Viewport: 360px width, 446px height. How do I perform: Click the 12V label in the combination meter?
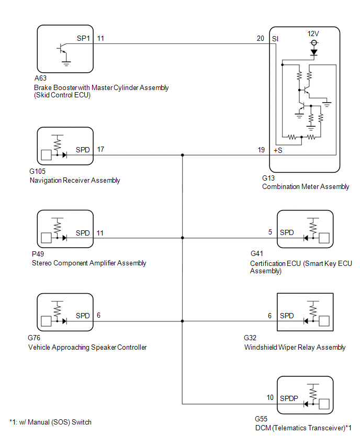point(313,34)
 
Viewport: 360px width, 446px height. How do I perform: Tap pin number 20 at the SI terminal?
point(261,38)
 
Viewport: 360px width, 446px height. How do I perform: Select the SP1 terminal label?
point(83,38)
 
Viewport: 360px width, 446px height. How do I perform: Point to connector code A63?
point(40,78)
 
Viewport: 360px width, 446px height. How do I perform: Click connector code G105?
point(37,171)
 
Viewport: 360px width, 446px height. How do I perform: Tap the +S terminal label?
point(278,150)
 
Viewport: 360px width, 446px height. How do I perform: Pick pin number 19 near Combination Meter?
point(261,150)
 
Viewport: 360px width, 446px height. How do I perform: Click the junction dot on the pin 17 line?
point(182,155)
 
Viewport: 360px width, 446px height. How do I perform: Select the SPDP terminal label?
point(289,398)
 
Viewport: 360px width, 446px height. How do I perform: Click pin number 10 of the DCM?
point(270,397)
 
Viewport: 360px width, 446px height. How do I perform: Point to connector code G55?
point(261,419)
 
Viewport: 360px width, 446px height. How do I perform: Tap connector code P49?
point(38,254)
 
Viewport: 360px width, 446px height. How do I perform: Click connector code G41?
point(257,253)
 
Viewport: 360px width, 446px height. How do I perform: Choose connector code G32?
point(250,338)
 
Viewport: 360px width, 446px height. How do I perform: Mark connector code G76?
point(34,338)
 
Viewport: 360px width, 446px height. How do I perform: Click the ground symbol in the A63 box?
point(66,63)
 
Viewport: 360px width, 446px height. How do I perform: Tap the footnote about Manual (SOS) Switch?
point(51,422)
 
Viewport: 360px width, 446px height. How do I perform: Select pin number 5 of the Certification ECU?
point(270,232)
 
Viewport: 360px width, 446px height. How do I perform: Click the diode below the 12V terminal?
point(314,52)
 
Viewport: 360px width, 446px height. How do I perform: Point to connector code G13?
point(268,178)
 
